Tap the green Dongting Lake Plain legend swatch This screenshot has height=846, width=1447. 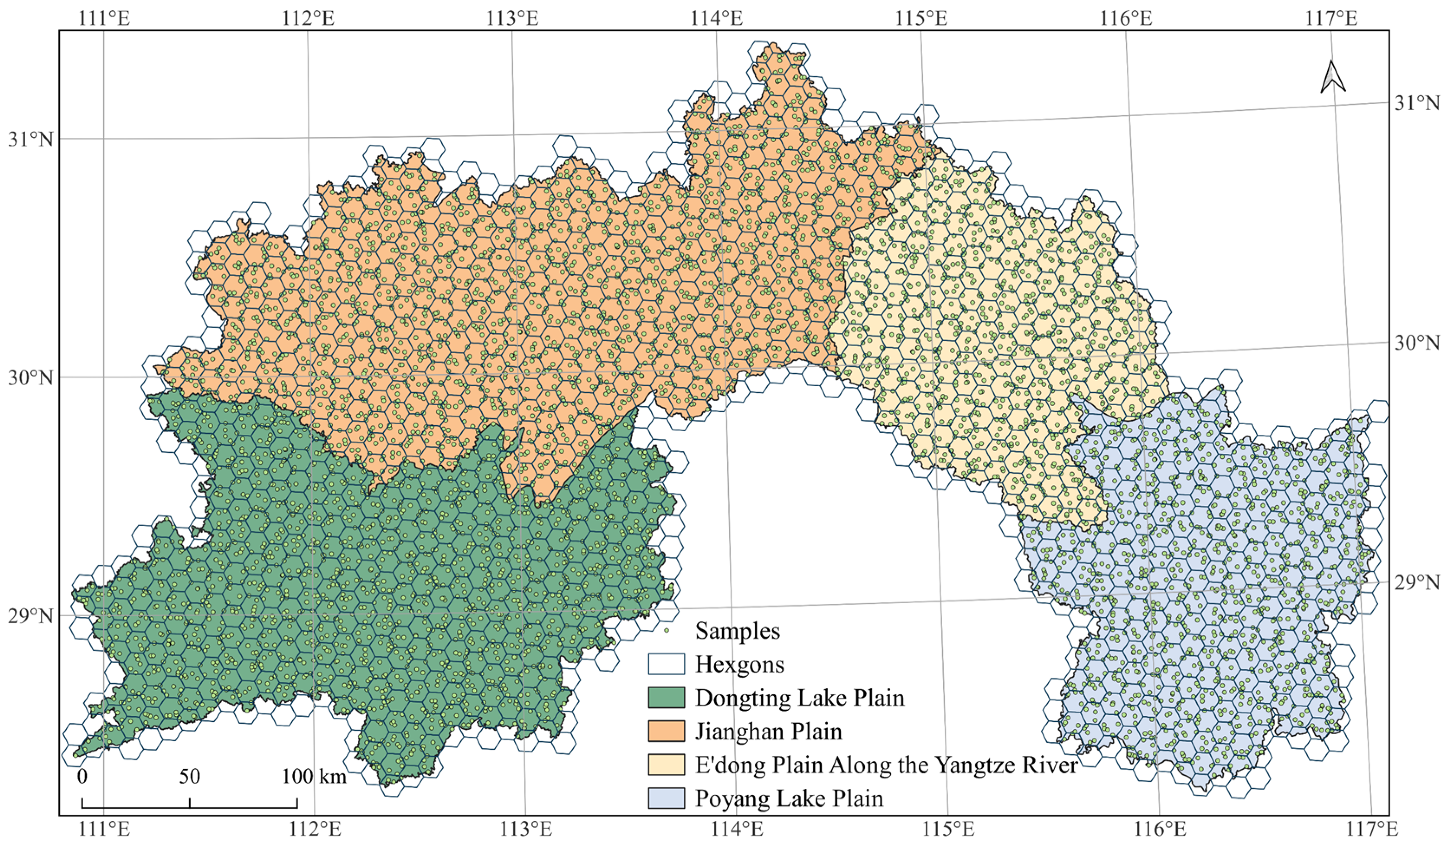(666, 697)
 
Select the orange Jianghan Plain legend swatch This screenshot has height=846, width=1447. (666, 731)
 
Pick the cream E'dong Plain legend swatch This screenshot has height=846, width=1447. (666, 765)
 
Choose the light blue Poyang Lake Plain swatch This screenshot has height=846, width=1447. (666, 798)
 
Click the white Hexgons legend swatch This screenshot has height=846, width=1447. (666, 664)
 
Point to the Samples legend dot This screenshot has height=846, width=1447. (667, 631)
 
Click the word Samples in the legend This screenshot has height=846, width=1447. (737, 631)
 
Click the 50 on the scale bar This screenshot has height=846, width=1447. (189, 777)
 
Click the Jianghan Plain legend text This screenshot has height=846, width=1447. (768, 731)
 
